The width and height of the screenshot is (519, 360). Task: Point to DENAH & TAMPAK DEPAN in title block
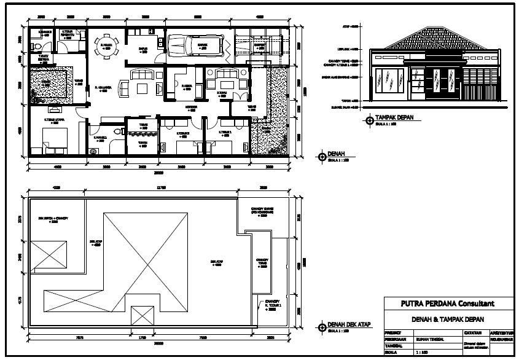447,319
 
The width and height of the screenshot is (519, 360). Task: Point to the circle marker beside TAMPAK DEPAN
369,120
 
